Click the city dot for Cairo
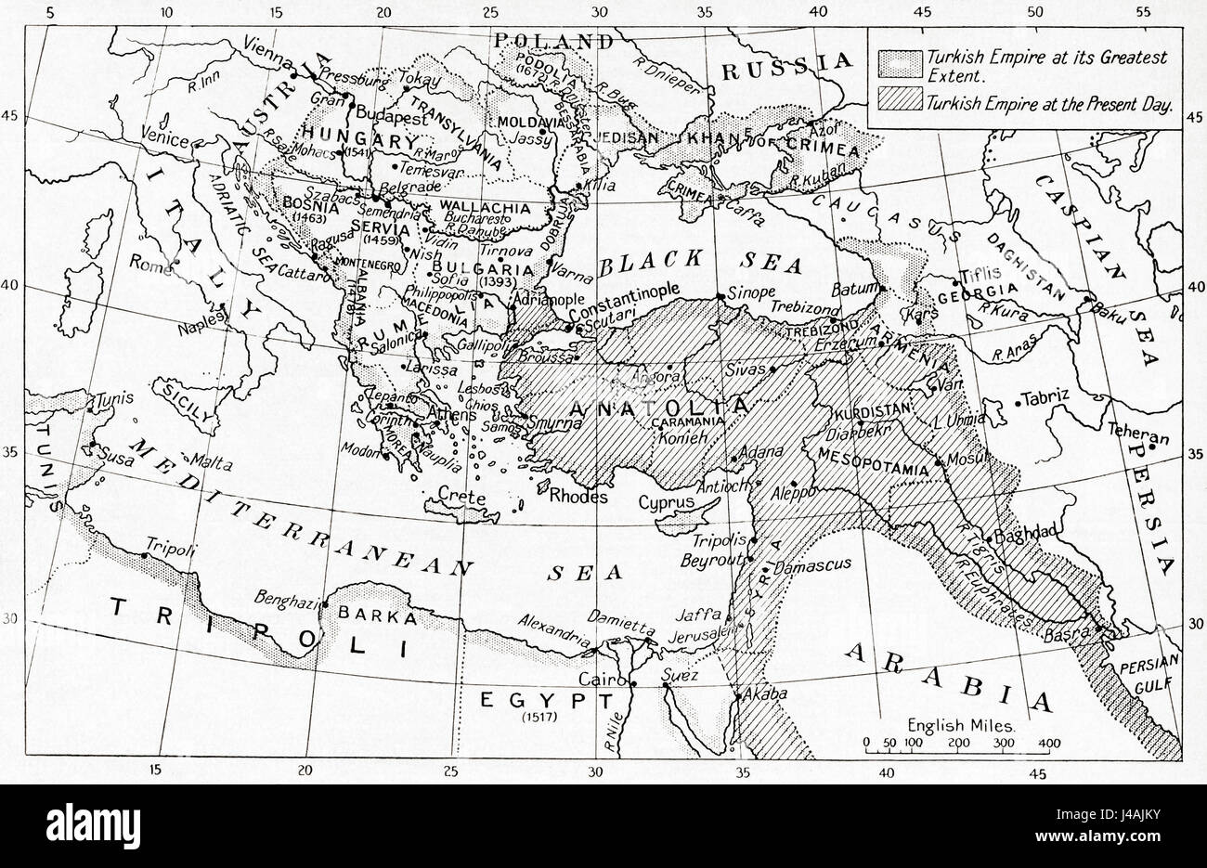[x=633, y=684]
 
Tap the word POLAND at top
[x=554, y=41]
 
